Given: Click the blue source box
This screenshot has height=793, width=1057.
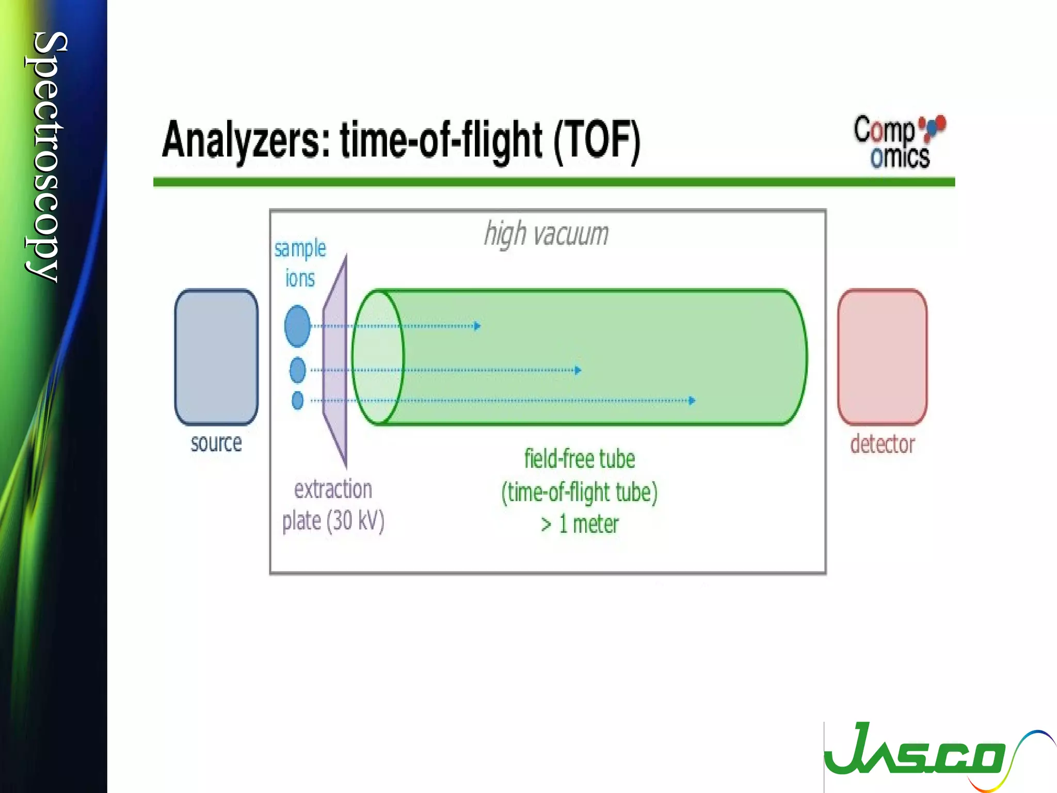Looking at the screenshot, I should click(x=216, y=357).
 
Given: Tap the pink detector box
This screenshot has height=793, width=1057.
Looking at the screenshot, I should click(x=882, y=357).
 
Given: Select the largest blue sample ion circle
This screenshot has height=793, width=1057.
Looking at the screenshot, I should click(x=297, y=326).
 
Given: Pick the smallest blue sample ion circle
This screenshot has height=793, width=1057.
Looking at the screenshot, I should click(x=298, y=400).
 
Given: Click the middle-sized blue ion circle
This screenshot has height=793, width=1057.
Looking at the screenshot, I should click(x=298, y=370).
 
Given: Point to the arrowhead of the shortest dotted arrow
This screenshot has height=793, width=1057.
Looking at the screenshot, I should click(x=478, y=326).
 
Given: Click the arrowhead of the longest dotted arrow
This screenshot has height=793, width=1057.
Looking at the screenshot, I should click(x=693, y=400).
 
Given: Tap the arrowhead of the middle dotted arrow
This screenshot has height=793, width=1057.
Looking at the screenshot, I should click(x=579, y=370).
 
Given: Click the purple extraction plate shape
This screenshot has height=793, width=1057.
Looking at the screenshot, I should click(x=335, y=361).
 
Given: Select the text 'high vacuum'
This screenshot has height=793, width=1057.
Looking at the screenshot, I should click(x=547, y=234).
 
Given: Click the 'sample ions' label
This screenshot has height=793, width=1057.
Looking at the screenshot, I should click(x=300, y=263).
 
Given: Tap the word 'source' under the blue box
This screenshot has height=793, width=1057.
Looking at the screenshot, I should click(x=216, y=443).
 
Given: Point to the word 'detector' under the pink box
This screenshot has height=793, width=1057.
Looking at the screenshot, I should click(x=883, y=444).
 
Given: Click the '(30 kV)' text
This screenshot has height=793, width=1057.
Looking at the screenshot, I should click(x=356, y=520).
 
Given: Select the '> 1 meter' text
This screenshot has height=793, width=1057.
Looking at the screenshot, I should click(x=580, y=525).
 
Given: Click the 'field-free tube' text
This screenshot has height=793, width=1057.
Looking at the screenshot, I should click(x=580, y=459).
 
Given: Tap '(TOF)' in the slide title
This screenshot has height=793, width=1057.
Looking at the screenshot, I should click(x=597, y=140).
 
